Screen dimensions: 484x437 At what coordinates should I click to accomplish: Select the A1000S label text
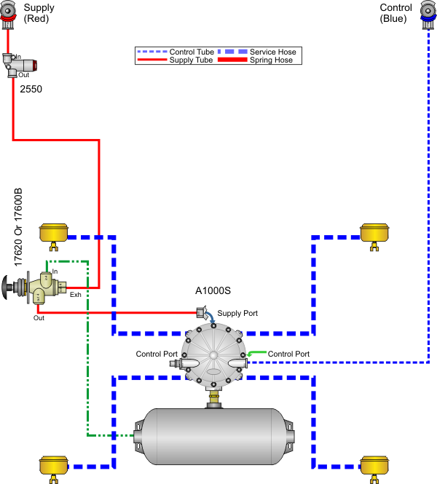(x=213, y=290)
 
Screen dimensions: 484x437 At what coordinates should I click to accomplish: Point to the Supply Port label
(x=237, y=313)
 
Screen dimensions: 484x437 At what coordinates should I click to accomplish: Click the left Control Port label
(x=157, y=354)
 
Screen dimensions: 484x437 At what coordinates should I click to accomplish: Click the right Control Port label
(x=288, y=354)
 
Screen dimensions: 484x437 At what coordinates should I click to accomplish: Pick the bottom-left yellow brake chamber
(x=52, y=466)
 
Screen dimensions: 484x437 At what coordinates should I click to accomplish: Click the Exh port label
(x=75, y=295)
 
